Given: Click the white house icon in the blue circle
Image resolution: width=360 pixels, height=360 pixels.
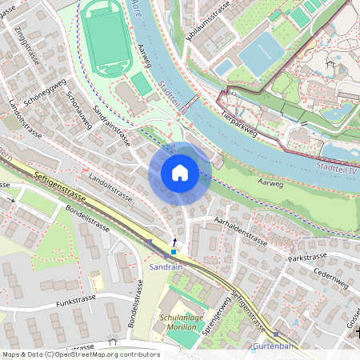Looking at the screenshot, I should [180, 173].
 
